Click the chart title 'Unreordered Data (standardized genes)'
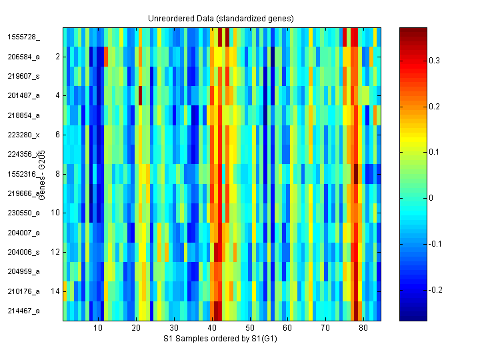click(x=221, y=18)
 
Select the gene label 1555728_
click(x=23, y=37)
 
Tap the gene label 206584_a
click(x=23, y=57)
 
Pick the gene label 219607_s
click(x=23, y=76)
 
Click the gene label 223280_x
click(x=23, y=135)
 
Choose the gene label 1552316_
click(x=23, y=174)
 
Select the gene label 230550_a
click(x=23, y=213)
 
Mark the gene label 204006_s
click(x=23, y=252)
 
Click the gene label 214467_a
click(x=23, y=311)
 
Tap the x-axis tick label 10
click(x=98, y=329)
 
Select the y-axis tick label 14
click(x=56, y=291)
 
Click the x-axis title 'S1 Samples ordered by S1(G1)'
click(x=221, y=339)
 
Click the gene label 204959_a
click(x=23, y=271)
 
